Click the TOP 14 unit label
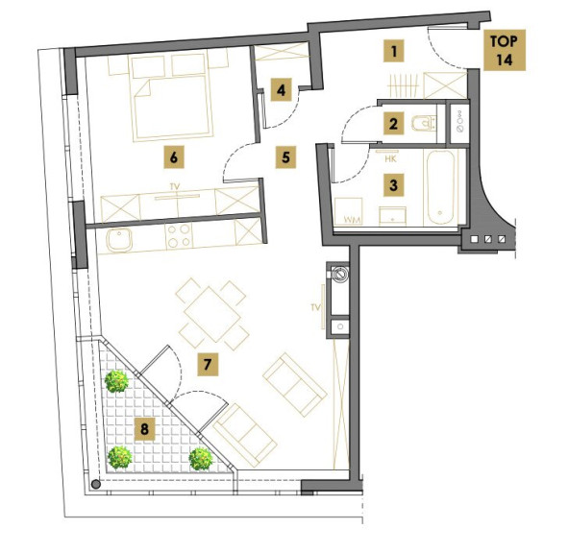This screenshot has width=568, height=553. point(505,50)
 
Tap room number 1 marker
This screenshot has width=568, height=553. point(394,51)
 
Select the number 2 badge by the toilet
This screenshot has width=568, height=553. point(393,124)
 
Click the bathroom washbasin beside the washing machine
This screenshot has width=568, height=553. point(393,216)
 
